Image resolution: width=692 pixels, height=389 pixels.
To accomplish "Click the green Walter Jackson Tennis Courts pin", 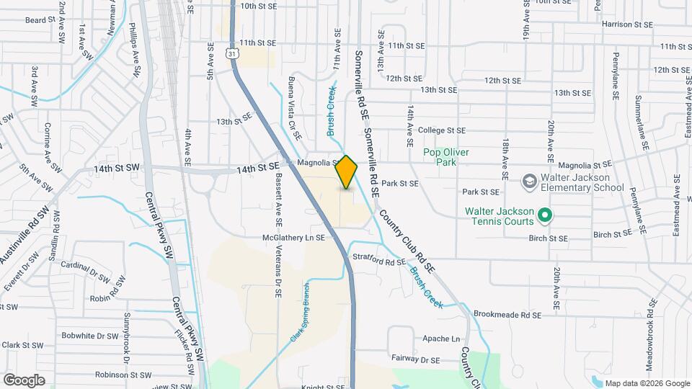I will click(545, 214).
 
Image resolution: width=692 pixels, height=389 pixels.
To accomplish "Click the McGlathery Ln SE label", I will click(295, 237).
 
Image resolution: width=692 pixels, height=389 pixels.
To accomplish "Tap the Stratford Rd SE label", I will click(380, 261).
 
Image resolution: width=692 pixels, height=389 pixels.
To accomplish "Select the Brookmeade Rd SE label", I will click(507, 315).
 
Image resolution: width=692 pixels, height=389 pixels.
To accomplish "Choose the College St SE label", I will click(443, 130).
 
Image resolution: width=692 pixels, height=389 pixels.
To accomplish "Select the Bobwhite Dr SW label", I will click(89, 336).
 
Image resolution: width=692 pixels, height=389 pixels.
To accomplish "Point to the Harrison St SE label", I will click(626, 24).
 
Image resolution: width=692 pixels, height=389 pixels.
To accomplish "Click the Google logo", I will click(24, 380).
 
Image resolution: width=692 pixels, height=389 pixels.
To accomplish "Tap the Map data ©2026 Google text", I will click(647, 383).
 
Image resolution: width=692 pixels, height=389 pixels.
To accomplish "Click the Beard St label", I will click(40, 20).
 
